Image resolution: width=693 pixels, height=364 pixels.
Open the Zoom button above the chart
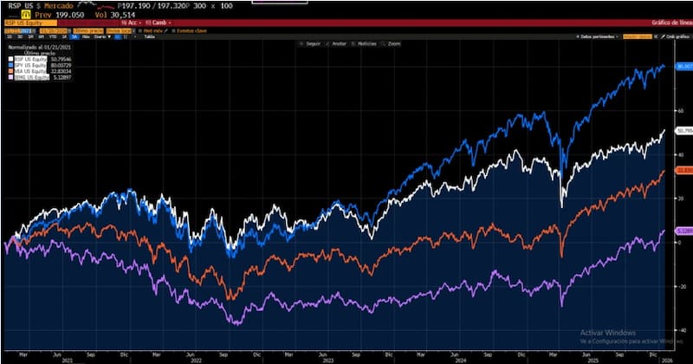pos(393,43)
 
